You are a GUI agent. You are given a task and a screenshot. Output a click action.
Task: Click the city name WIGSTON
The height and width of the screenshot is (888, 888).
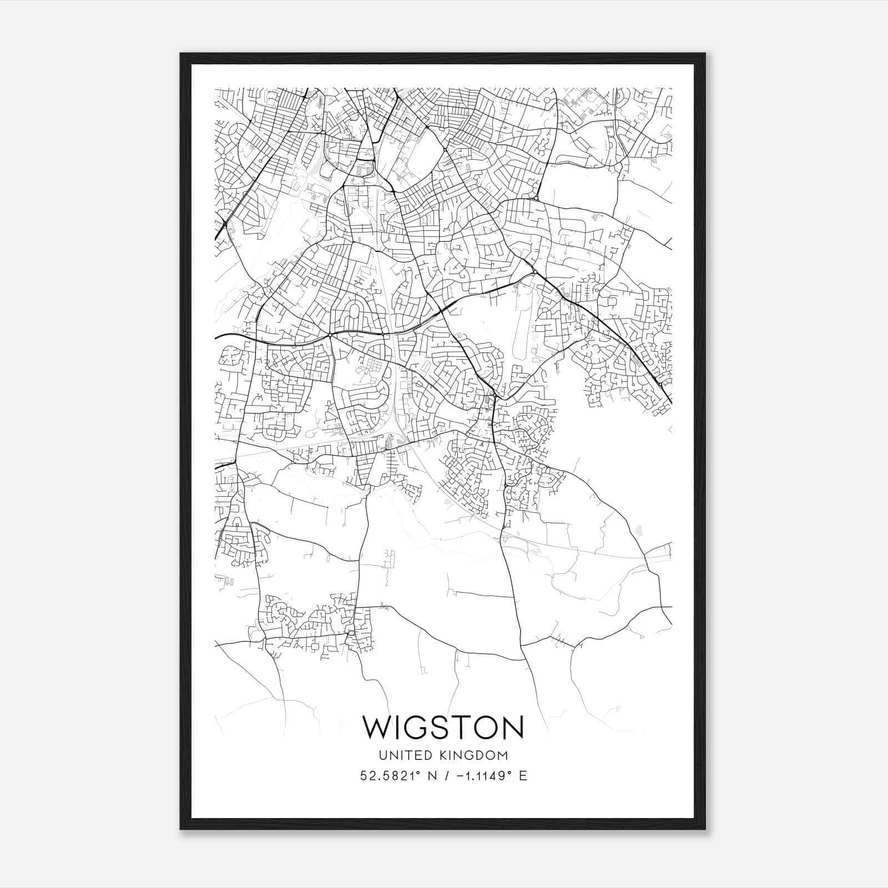coord(443,727)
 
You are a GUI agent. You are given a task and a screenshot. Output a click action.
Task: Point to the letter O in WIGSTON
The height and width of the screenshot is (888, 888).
coord(484,727)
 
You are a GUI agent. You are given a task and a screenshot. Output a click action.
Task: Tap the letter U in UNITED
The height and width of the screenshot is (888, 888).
coord(382,755)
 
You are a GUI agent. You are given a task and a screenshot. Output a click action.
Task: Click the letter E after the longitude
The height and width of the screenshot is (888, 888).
coord(523,776)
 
